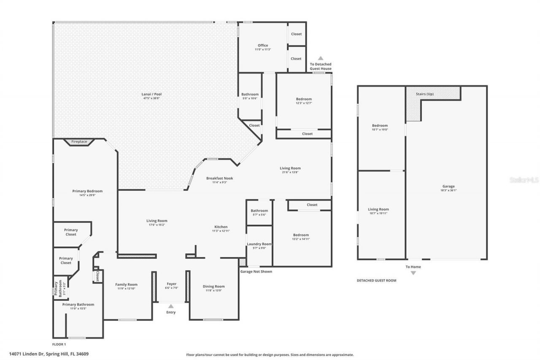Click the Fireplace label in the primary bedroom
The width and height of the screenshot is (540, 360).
coord(79,142)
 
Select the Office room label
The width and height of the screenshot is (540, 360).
coord(263,46)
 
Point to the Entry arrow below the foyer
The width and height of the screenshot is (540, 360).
coord(170,306)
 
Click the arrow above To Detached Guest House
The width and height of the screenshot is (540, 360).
coord(321,58)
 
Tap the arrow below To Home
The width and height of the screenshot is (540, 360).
coord(413,273)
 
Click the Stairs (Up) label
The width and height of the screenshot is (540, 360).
coord(424,94)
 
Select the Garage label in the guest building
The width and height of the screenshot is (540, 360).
coord(448,186)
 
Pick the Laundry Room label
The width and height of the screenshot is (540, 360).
coord(259,244)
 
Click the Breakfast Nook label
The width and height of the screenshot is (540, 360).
coord(219,178)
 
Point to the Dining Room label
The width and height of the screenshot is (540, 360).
coord(214,287)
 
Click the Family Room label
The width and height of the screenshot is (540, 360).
coord(127,284)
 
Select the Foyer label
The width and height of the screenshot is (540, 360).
coord(171,284)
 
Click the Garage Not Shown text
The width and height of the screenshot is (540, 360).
coord(256,271)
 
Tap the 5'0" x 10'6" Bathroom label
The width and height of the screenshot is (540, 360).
coord(250,95)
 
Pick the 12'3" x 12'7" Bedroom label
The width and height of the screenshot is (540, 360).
coord(304,99)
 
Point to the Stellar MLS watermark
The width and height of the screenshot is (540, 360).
coord(524,180)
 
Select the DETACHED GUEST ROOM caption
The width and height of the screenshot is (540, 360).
coord(376,280)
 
